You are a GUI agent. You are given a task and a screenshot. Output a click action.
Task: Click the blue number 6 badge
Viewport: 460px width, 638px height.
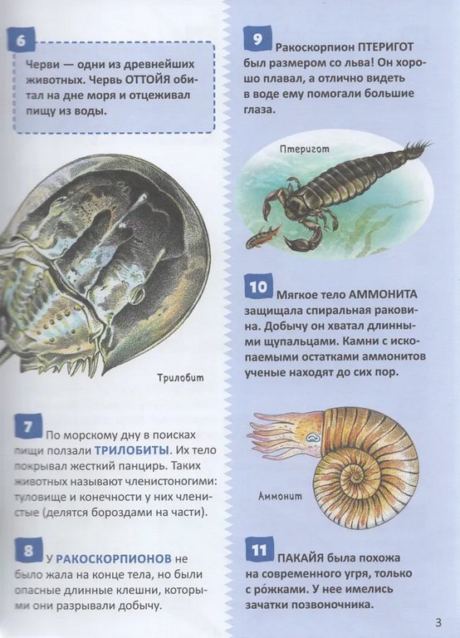(x=21, y=42)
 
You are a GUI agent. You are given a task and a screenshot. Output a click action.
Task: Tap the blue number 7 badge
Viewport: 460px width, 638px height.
(x=28, y=427)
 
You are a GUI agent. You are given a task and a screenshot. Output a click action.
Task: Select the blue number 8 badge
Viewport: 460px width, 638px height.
(x=28, y=551)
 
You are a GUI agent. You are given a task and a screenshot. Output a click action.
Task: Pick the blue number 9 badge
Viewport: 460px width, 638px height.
(x=257, y=40)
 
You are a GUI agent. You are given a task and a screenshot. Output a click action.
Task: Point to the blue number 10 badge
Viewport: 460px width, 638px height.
(x=258, y=287)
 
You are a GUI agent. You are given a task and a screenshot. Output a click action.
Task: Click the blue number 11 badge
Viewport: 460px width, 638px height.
(x=259, y=551)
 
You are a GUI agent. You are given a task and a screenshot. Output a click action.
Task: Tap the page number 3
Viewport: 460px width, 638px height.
(x=438, y=622)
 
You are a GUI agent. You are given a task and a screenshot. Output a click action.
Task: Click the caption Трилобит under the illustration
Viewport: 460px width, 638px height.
(x=180, y=378)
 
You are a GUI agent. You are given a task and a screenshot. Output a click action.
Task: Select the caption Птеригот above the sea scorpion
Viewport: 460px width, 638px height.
(x=305, y=150)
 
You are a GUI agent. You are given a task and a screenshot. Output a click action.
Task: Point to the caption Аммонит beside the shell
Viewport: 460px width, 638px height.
(x=280, y=496)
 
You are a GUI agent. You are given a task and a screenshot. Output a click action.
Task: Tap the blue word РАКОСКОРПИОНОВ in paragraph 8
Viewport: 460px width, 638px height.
(x=114, y=558)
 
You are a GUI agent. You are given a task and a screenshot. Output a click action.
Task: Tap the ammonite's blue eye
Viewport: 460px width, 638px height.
(x=314, y=438)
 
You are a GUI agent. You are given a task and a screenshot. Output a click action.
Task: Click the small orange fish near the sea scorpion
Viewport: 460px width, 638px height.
(x=262, y=236)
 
